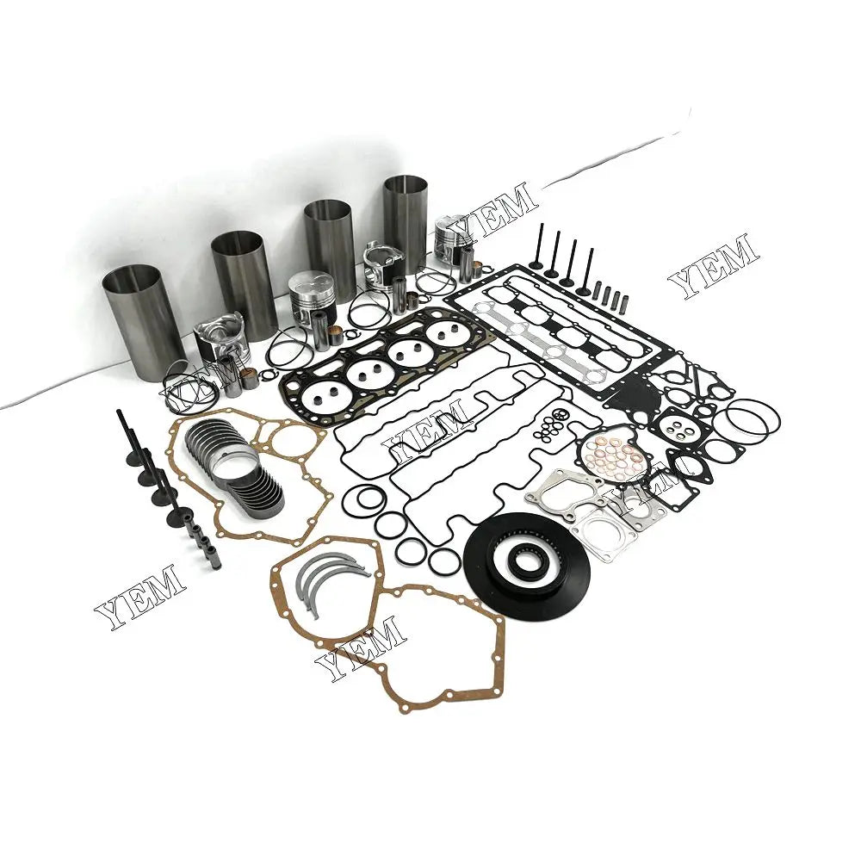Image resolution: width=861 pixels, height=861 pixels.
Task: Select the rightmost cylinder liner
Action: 405,222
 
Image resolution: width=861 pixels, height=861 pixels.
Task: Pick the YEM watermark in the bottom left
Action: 139,596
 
